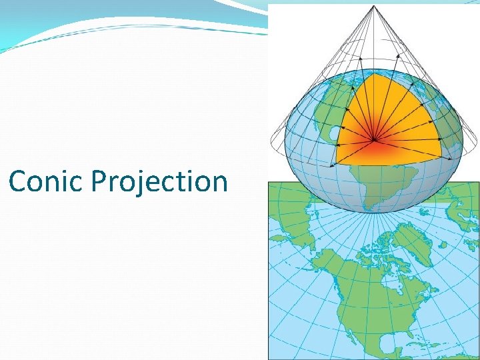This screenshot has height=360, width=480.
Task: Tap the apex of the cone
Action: coord(374,6)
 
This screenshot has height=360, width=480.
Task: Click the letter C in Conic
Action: coord(19,181)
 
